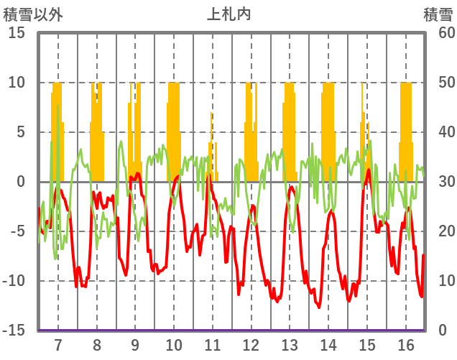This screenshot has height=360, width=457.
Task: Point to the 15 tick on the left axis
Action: [17, 33]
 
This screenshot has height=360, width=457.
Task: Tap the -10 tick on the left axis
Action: [14, 281]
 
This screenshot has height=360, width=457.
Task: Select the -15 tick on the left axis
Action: [14, 331]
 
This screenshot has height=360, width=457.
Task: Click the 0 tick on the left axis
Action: [21, 182]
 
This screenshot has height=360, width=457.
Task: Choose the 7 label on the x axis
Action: [58, 344]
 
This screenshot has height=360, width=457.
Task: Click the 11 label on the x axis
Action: [213, 344]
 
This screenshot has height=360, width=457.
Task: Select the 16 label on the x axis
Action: [406, 344]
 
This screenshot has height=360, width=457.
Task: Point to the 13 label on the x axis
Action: [290, 344]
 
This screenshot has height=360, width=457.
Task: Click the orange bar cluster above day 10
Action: [174, 129]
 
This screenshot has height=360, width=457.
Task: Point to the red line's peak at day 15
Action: [369, 170]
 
